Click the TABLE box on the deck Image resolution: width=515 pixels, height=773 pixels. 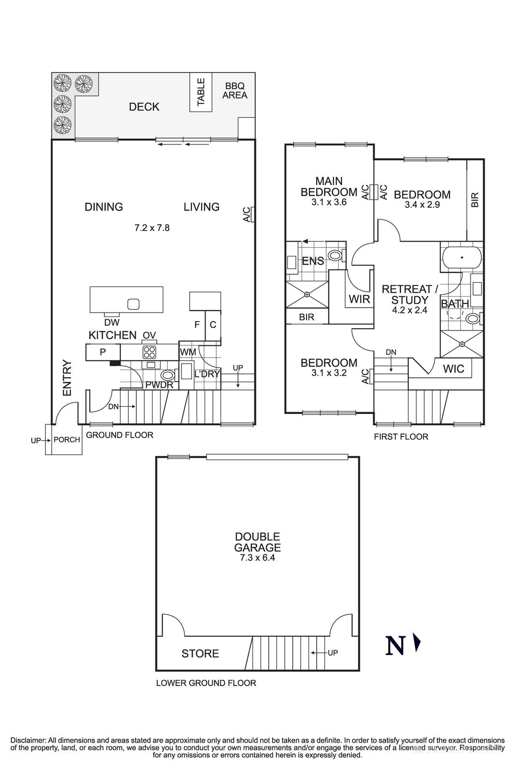pos(201,92)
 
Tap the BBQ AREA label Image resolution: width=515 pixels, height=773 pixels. pos(235,91)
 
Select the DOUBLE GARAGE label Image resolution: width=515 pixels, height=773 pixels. pos(257,542)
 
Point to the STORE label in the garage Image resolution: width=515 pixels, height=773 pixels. pos(200,654)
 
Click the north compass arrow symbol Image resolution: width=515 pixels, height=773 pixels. pos(418,644)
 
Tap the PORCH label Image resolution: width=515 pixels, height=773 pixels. pos(67,440)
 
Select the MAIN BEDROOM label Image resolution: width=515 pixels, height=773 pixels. pos(329,186)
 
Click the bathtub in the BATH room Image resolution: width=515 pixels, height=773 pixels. pos(461,258)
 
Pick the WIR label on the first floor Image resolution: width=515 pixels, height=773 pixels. pos(360,299)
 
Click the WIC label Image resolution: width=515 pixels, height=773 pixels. pos(453,369)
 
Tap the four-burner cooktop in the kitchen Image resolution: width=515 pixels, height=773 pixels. pos(149,351)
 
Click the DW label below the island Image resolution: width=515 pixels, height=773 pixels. pos(111,323)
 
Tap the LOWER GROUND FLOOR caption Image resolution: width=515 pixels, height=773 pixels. pos(206,683)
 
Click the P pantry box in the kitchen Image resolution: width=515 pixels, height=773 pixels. pos(103,352)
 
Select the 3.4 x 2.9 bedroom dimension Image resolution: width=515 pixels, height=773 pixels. pos(422,204)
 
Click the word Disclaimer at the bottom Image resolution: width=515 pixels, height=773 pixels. pos(28,740)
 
